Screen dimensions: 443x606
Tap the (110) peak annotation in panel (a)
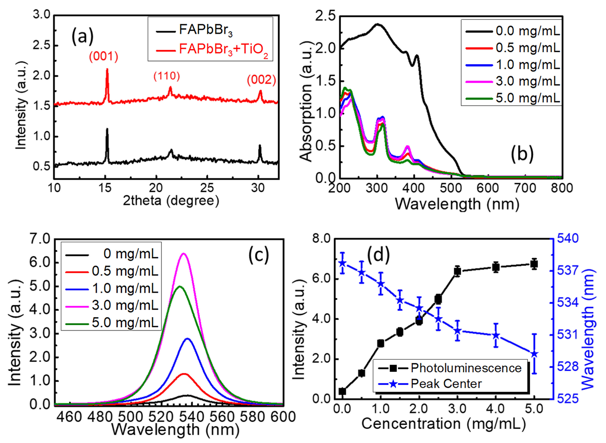[x=166, y=76]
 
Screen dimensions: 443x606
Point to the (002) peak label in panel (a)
[x=261, y=80]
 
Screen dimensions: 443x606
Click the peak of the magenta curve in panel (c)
[x=184, y=253]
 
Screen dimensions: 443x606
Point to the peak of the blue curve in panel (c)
[x=187, y=339]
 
